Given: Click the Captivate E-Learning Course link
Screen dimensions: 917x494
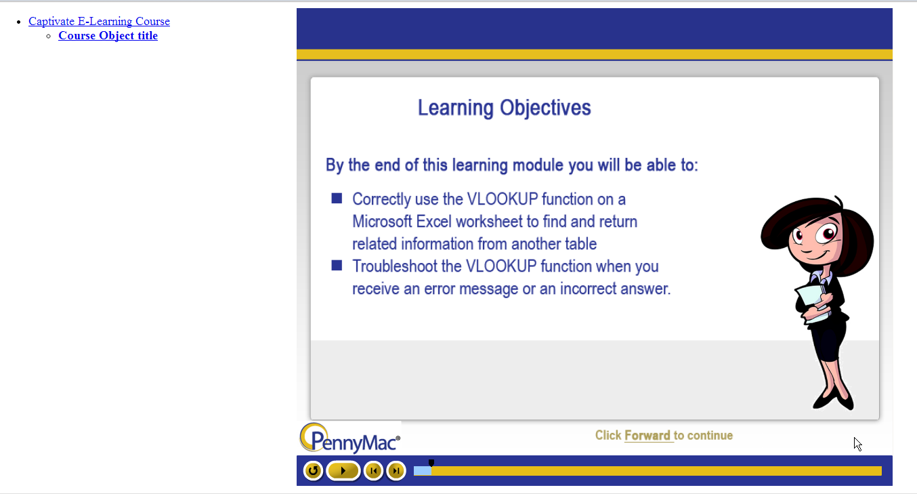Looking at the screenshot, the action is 99,21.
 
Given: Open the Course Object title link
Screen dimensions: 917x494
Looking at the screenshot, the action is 108,36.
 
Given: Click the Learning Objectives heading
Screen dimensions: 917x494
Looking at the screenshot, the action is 505,108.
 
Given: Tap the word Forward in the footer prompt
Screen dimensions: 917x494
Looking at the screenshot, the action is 647,435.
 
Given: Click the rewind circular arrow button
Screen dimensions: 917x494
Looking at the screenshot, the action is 313,471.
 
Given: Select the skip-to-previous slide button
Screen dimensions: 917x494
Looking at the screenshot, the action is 373,471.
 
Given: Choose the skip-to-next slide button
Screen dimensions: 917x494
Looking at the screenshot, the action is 396,471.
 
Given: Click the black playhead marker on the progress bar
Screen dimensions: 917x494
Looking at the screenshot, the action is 431,462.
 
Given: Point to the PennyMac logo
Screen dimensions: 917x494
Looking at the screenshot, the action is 350,438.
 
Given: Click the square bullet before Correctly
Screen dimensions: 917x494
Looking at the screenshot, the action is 337,199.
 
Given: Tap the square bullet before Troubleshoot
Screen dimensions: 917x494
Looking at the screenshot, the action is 337,266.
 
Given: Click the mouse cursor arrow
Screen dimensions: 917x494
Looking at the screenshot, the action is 857,445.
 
